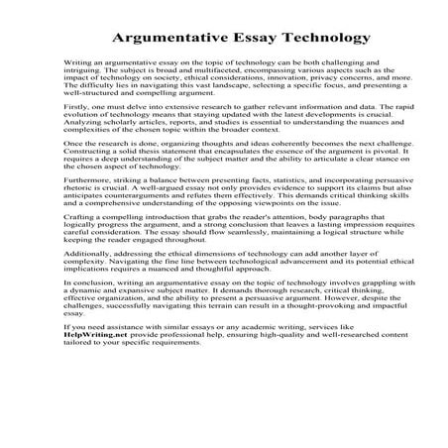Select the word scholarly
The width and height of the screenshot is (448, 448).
click(110, 155)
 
